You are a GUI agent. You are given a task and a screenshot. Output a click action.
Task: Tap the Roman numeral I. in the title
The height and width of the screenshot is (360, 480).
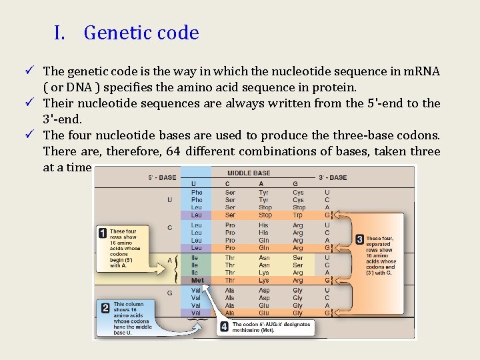[x=59, y=33]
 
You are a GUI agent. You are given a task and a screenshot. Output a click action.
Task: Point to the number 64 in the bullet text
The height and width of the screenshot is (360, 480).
[x=173, y=151]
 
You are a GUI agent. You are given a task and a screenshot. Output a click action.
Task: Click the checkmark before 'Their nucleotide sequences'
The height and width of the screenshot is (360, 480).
[x=32, y=103]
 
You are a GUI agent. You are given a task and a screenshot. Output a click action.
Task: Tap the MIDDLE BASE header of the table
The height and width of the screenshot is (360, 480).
[x=249, y=173]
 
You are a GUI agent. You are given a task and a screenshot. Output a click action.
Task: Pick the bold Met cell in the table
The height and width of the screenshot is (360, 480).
[x=197, y=281]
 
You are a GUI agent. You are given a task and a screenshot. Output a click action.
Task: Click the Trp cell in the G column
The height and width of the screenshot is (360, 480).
[x=298, y=215]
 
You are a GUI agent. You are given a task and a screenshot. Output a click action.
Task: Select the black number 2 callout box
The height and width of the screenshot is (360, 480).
[x=105, y=307]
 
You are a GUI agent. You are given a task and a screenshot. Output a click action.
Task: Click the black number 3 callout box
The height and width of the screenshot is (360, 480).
[x=359, y=239]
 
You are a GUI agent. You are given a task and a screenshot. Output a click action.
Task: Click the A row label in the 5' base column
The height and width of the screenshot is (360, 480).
[x=170, y=261]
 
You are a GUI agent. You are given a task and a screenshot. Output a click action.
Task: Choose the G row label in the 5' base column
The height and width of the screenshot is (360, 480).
[x=170, y=293]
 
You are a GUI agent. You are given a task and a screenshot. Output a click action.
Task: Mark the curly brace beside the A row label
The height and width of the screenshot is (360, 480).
[x=177, y=269]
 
